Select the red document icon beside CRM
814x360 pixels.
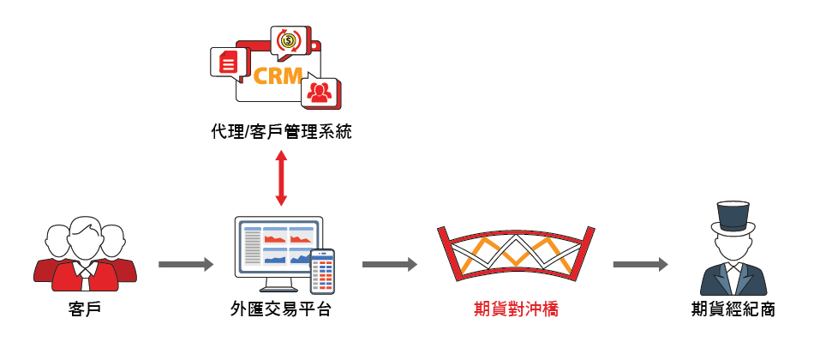pyautogui.click(x=227, y=62)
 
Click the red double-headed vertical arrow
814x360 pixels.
pyautogui.click(x=280, y=179)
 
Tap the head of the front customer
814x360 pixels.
pyautogui.click(x=84, y=237)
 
